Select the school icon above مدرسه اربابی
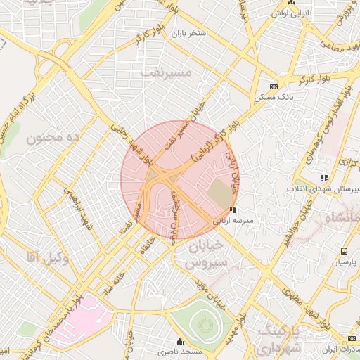233,210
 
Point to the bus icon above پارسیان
344,251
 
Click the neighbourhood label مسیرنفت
165,72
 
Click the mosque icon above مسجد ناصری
181,341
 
